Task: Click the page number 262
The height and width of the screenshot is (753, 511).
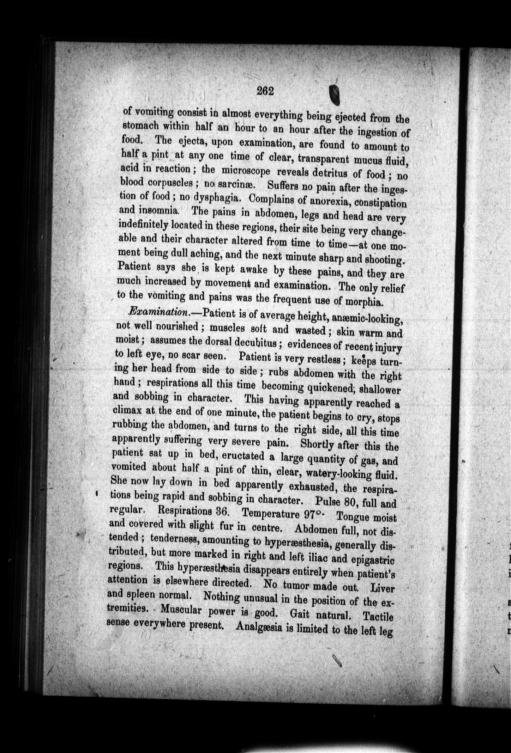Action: click(x=265, y=91)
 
